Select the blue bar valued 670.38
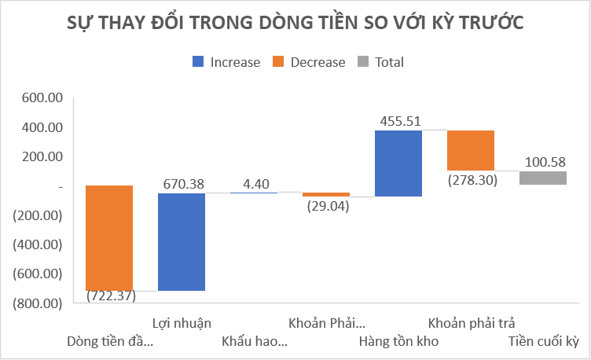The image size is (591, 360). [x=182, y=241]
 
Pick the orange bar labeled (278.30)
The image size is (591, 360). [x=471, y=150]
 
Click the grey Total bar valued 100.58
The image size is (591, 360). [x=543, y=178]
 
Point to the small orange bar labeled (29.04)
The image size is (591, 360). [x=326, y=194]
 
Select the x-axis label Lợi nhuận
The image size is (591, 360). [x=182, y=323]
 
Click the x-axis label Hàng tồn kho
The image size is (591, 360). [x=398, y=341]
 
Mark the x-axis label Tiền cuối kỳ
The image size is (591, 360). [x=543, y=341]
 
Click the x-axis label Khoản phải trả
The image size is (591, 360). [x=471, y=323]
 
